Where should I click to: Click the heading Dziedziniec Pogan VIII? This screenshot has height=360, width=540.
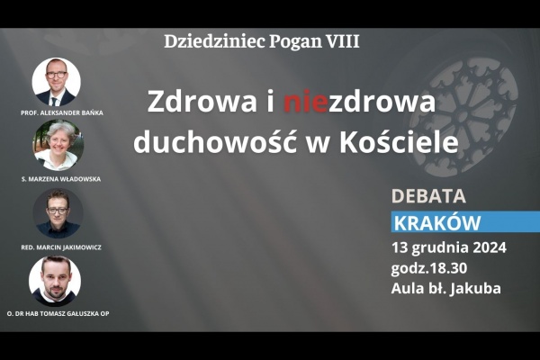coord(262,42)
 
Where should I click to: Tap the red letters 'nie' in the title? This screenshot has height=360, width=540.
coord(305,102)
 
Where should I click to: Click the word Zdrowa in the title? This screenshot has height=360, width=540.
coord(202,102)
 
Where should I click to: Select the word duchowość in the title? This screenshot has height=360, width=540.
coord(215,141)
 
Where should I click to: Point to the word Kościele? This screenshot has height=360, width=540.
coord(399,141)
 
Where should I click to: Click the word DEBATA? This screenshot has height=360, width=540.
coord(428,196)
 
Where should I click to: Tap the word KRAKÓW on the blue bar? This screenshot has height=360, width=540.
coord(437,223)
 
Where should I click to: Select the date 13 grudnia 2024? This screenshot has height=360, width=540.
coord(449,247)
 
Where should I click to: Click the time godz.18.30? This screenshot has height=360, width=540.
coord(428,268)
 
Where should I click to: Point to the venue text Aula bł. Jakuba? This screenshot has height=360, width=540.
coord(446,288)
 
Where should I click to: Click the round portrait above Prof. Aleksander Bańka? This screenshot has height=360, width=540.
coord(56,82)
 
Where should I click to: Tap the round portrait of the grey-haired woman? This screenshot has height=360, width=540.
coord(58,145)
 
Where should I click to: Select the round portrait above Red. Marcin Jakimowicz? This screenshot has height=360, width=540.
coord(58,213)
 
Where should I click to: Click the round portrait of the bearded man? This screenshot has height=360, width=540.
coord(55,281)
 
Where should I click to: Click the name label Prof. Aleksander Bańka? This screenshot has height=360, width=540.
coord(62,113)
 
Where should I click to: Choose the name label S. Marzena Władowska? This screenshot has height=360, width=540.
coord(61,179)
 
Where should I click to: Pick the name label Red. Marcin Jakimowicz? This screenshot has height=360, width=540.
coord(61,247)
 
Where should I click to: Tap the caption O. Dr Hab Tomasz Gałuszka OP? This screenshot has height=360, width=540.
coord(58,314)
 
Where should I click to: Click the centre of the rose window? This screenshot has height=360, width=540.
coord(463,116)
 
